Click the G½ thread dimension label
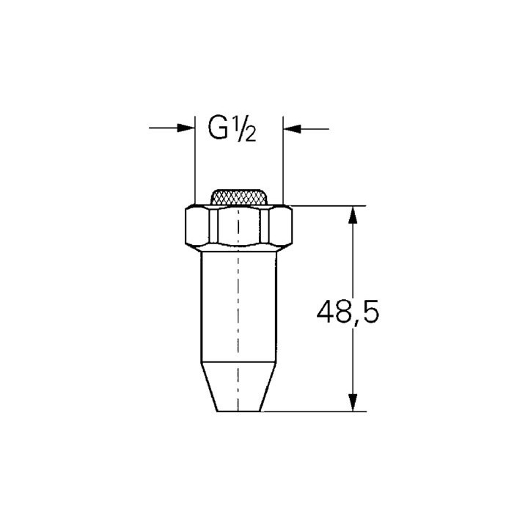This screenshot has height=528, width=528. point(232,129)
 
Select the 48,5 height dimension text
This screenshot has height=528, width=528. point(348,314)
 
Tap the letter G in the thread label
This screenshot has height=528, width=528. point(219,129)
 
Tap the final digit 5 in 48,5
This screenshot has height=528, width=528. point(370,314)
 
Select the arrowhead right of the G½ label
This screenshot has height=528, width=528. point(292,128)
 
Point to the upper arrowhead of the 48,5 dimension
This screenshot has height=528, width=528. point(353,214)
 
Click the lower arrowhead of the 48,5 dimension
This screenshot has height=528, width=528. point(353,402)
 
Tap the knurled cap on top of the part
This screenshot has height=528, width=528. point(239,197)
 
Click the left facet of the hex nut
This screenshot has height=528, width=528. point(197,227)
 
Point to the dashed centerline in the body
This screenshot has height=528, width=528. point(238,308)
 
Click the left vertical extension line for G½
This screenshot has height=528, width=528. point(194,161)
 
